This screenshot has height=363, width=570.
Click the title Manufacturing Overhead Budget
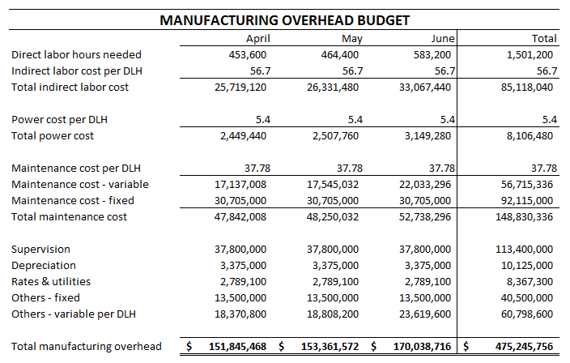284,19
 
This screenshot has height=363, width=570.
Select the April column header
257,38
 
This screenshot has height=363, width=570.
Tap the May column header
351,38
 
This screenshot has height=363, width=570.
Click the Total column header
543,38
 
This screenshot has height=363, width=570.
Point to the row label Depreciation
44,265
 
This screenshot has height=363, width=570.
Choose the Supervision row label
40,249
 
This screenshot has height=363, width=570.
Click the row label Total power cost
53,135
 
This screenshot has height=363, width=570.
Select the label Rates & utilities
51,281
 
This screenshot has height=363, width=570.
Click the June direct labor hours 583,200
433,54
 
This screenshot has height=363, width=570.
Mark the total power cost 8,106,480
529,135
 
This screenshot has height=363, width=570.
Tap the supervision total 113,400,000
524,249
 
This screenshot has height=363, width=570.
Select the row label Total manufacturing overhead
87,346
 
